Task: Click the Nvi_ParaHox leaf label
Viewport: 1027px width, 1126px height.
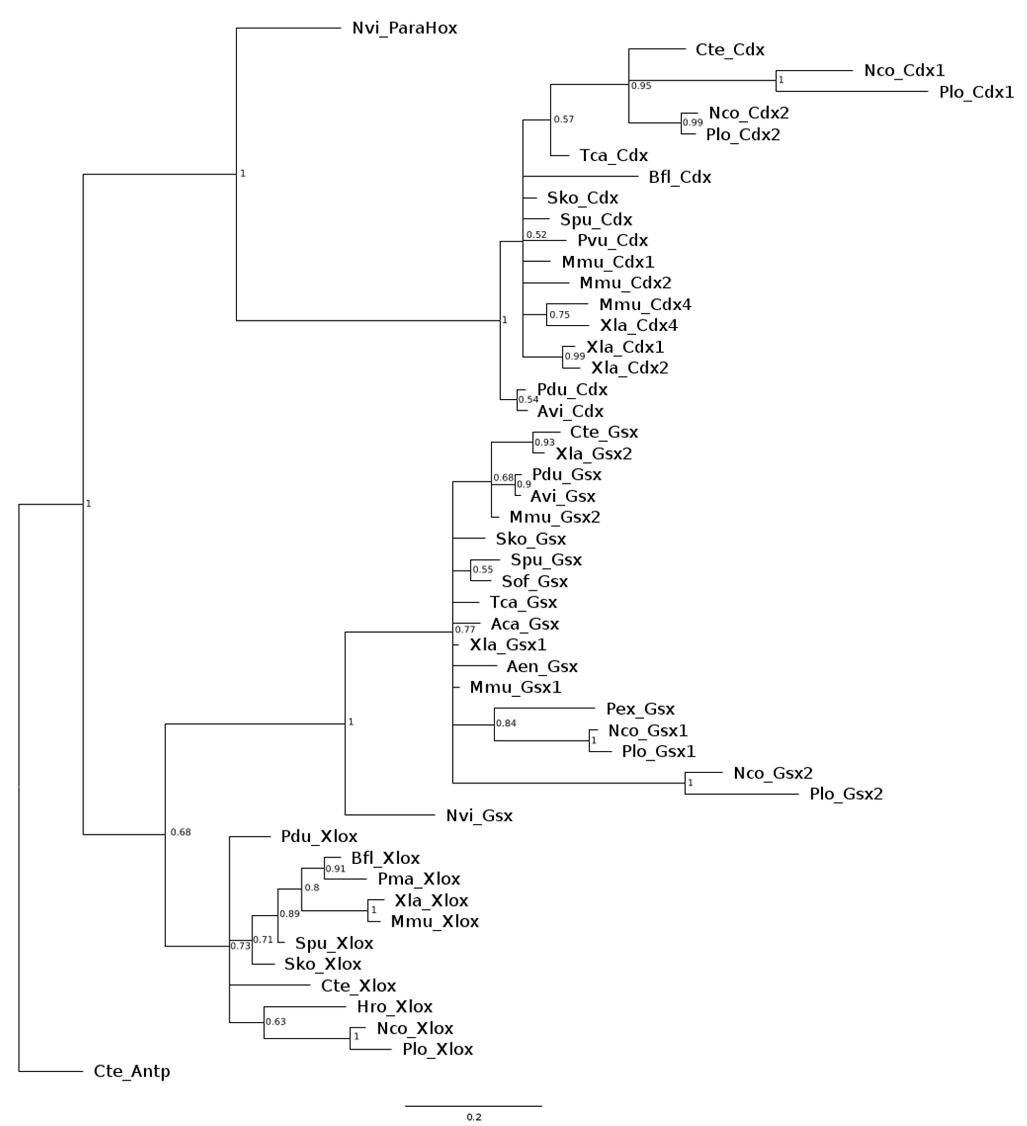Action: coord(404,28)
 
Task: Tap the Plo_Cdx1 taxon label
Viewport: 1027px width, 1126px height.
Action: coord(976,92)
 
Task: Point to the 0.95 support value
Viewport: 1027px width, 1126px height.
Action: coord(641,86)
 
